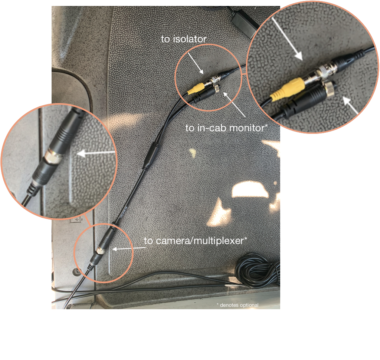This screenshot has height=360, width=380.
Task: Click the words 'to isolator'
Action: point(184,39)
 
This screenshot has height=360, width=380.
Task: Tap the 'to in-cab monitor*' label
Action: point(227,128)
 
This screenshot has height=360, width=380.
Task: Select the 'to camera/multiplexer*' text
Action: point(195,241)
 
